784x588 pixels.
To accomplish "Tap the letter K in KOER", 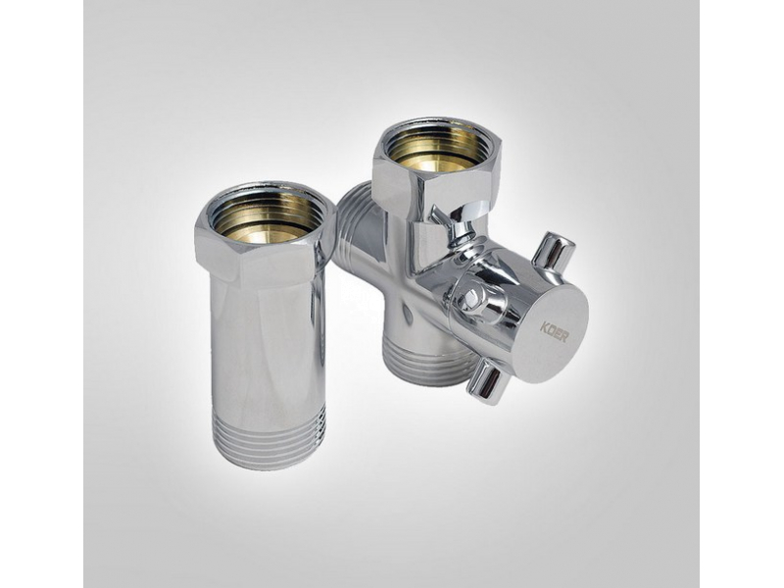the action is tap(544, 328).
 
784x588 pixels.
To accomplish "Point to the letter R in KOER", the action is tap(564, 338).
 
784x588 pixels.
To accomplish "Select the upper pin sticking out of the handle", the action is tap(552, 254).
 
